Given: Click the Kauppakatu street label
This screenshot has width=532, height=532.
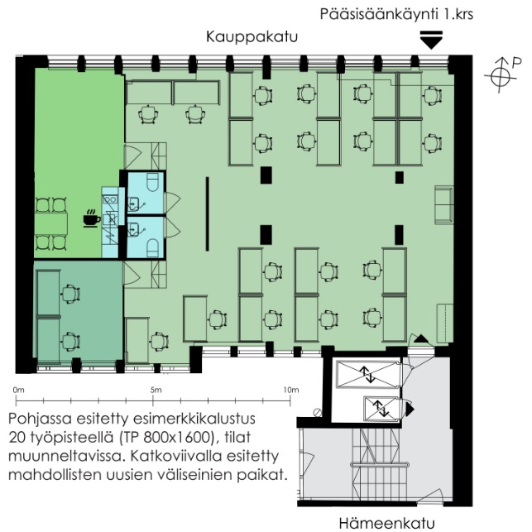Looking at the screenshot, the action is (x=252, y=37).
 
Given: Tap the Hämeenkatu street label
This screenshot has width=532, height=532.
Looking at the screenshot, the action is (x=386, y=523).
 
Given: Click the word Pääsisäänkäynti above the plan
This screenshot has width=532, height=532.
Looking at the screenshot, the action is (x=380, y=15).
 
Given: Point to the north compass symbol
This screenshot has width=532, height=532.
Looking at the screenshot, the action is (x=501, y=75).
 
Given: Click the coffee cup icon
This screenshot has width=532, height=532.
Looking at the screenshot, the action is (x=92, y=218).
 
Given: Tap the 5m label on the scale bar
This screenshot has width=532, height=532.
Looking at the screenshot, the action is (x=156, y=391).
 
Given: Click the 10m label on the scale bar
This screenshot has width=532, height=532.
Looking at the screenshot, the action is (x=291, y=391).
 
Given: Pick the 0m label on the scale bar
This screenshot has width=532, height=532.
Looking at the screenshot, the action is (x=19, y=391).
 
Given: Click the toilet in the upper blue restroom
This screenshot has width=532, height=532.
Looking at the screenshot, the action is (x=152, y=182).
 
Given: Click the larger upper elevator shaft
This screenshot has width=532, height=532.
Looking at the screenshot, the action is (x=368, y=374).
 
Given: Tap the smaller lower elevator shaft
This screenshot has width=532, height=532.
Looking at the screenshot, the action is (x=381, y=409).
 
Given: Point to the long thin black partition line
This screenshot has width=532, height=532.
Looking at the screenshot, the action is (x=208, y=213).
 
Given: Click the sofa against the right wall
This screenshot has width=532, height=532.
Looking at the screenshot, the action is (x=444, y=204).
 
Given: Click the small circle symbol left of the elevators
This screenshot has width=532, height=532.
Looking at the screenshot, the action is (x=318, y=412).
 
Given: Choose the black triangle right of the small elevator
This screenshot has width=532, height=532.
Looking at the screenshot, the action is (x=410, y=409).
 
